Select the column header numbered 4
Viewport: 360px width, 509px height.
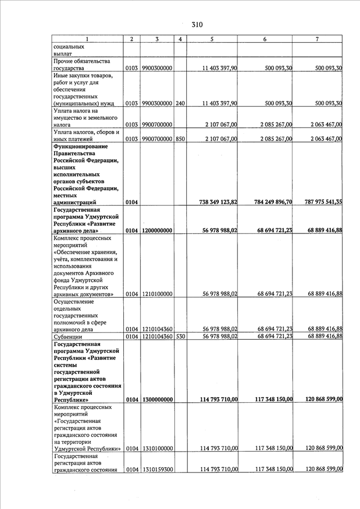tap(179, 39)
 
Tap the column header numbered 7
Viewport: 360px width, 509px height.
tap(318, 39)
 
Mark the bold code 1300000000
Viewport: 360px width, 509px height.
tap(157, 399)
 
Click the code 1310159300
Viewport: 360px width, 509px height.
tap(157, 469)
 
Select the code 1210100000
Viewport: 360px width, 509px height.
tap(157, 294)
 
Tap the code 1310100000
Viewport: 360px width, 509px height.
tap(157, 448)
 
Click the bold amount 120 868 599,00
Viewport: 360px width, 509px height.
tap(318, 399)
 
